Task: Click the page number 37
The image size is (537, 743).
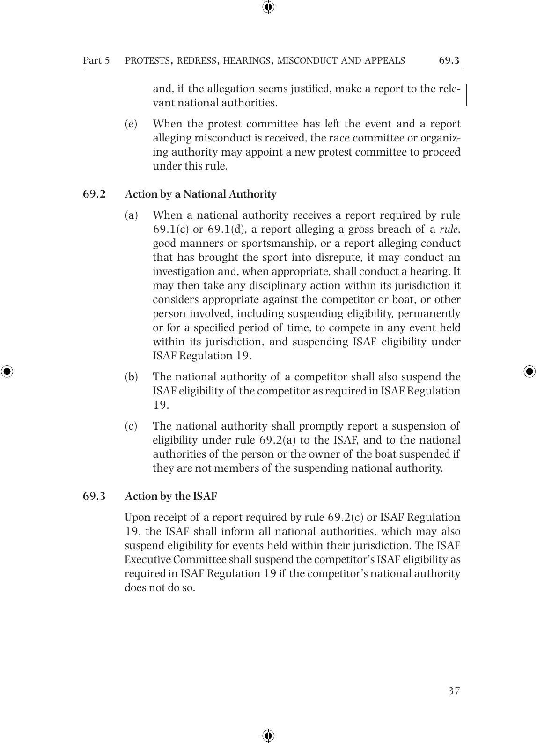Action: [454, 691]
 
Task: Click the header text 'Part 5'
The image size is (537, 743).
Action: [96, 60]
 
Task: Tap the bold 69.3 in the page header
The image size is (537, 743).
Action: [449, 60]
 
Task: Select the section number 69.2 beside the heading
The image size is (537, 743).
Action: [94, 194]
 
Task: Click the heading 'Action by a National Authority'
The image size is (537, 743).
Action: [200, 194]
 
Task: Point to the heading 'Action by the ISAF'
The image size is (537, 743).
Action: [170, 496]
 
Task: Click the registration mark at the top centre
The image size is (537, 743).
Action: [268, 7]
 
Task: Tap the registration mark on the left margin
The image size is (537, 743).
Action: [7, 371]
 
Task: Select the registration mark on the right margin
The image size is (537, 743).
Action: [530, 371]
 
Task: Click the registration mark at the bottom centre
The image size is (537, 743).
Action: [268, 735]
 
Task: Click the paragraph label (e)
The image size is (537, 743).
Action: [131, 124]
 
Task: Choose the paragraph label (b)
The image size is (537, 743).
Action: [131, 377]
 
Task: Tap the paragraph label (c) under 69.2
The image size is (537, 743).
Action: [131, 426]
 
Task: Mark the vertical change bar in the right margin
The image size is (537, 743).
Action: [466, 96]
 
